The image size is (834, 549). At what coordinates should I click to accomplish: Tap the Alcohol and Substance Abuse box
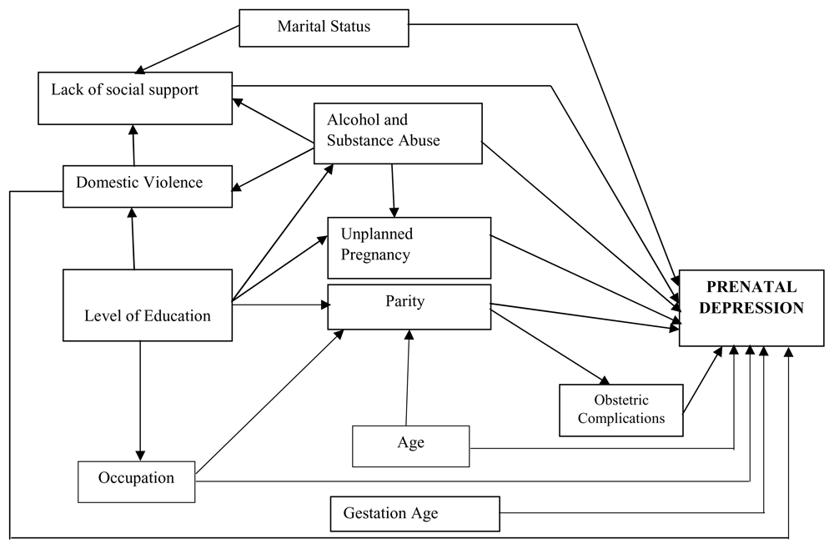398,133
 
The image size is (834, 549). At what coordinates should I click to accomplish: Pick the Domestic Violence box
148,185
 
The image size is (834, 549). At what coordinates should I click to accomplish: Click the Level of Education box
147,305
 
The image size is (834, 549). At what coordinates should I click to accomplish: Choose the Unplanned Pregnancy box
409,247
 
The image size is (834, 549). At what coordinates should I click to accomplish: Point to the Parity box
409,306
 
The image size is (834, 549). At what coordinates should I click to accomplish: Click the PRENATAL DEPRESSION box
751,307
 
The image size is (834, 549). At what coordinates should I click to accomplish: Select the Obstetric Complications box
621,410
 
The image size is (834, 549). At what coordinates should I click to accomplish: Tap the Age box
411,446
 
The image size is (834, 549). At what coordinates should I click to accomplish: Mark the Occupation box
136,481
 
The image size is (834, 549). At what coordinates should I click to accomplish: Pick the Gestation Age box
414,514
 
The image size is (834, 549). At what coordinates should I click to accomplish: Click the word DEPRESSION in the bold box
751,308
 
